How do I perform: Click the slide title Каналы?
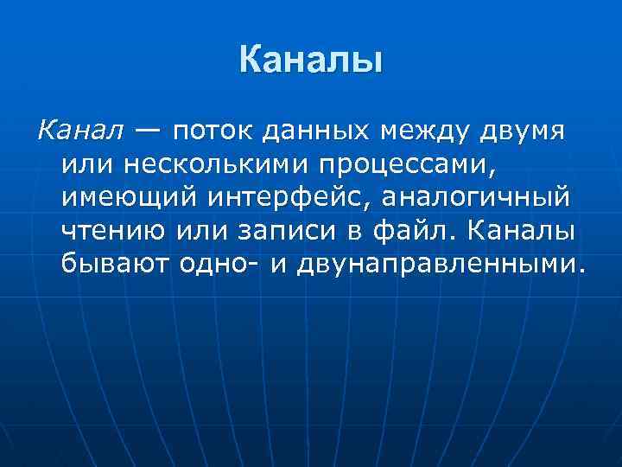coord(310,61)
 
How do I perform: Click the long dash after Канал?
coord(146,132)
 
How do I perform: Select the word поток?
coord(206,132)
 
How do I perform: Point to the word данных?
coord(308,132)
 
